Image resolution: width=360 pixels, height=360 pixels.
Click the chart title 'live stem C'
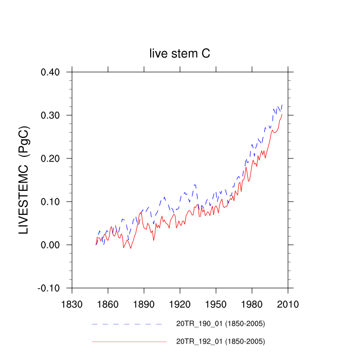click(179, 53)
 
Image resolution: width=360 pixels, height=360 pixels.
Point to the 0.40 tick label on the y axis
click(51, 72)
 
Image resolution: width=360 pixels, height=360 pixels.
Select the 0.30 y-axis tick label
click(51, 115)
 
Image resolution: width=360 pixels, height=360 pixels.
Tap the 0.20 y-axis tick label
click(51, 158)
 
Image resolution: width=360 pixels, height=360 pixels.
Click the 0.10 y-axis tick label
click(51, 202)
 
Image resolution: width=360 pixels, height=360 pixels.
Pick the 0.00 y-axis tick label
click(51, 245)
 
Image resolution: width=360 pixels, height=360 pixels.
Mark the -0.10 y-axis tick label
click(49, 288)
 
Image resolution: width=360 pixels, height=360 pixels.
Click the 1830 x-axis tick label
click(72, 304)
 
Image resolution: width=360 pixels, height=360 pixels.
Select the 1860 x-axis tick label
click(108, 304)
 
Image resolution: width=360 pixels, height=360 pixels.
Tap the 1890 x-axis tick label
click(144, 304)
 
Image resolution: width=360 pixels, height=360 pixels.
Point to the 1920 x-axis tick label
click(180, 304)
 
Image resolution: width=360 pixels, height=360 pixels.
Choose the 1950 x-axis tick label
click(216, 304)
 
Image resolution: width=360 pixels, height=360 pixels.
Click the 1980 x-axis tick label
click(252, 304)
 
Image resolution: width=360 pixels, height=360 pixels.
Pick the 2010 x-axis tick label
click(288, 304)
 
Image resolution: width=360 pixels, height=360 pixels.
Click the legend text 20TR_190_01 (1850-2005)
click(221, 324)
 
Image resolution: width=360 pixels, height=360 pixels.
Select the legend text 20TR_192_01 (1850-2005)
click(221, 341)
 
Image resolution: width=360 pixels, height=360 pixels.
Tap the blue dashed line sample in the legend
click(127, 325)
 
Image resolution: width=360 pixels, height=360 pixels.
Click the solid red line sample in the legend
click(130, 341)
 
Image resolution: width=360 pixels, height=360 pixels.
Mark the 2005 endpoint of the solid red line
click(282, 114)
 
